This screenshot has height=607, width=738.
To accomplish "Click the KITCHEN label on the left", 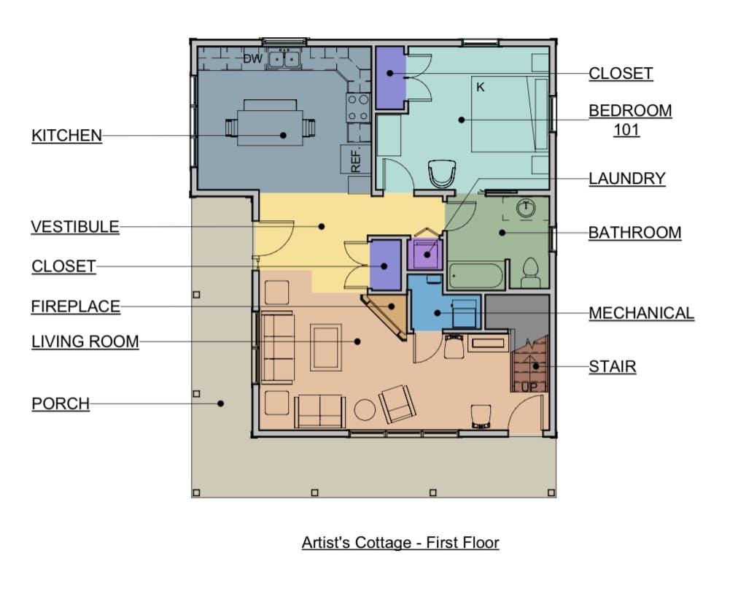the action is tap(67, 136).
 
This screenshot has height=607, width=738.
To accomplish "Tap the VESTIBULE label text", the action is tap(75, 226).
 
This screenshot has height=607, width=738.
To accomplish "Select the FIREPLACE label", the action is tap(76, 306).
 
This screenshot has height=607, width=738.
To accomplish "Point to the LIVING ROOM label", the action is tap(85, 341).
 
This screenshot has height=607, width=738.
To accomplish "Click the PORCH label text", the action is tap(61, 403).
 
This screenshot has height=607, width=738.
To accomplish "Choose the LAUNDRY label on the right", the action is tap(627, 179).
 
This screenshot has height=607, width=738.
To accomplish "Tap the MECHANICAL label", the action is tap(642, 313).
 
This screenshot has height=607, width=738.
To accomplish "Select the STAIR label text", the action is tap(613, 366).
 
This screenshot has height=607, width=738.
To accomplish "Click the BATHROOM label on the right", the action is tap(635, 233).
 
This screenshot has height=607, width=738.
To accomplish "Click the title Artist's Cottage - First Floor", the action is tap(400, 543).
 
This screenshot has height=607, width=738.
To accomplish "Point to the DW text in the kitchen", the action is tap(253, 59).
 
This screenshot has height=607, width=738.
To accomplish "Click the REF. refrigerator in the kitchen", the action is tap(355, 160).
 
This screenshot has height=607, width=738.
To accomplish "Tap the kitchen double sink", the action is tap(284, 59).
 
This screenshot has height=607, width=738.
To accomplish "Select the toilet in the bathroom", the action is tap(530, 273).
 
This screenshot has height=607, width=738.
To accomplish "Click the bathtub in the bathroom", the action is tap(475, 276).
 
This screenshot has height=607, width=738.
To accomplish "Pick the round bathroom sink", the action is tap(526, 208).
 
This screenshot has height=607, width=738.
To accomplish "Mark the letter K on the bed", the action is tap(480, 87).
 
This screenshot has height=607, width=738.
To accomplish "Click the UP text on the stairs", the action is tap(529, 387).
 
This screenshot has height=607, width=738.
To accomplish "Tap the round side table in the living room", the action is tap(365, 410).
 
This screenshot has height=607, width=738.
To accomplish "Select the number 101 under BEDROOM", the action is tap(626, 130).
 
